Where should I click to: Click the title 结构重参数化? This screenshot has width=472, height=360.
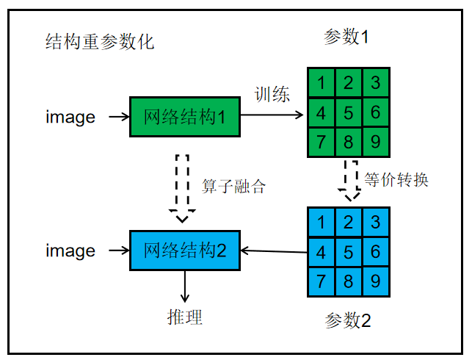[x=99, y=41]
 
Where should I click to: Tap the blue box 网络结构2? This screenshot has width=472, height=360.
[x=186, y=251]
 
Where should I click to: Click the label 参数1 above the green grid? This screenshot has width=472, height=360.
[x=347, y=37]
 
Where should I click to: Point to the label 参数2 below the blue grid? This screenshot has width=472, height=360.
[x=348, y=320]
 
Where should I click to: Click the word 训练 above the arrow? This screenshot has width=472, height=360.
[x=272, y=94]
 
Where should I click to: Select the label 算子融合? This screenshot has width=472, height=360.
[x=233, y=186]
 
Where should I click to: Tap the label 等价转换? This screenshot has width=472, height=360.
[x=396, y=179]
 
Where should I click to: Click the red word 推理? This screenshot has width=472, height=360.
[x=184, y=317]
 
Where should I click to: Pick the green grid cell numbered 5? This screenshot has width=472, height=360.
[x=349, y=112]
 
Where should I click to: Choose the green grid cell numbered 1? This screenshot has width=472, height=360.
[x=322, y=82]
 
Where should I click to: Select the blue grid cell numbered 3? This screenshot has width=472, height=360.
[x=375, y=221]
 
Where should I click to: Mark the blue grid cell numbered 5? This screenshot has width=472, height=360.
[x=349, y=251]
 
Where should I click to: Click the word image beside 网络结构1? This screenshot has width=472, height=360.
[x=70, y=116]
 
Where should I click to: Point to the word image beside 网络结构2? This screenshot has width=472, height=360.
[x=70, y=251]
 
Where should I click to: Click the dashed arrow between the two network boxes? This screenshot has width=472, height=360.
[x=183, y=187]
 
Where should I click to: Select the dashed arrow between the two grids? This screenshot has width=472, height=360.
[x=350, y=180]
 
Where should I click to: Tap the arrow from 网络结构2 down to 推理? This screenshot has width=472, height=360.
[x=185, y=287]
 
